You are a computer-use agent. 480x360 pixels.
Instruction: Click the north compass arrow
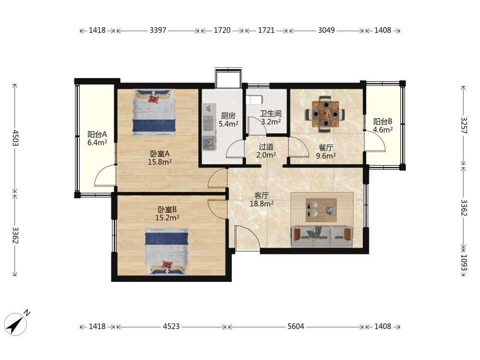pos(16,324)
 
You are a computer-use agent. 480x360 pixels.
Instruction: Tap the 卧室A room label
pos(159,154)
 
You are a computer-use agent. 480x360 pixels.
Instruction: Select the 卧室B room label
pos(167,210)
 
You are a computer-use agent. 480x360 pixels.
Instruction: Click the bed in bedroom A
pos(154,113)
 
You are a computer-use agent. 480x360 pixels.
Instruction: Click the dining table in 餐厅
pos(325,114)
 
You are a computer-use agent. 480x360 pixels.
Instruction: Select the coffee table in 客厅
pos(321,210)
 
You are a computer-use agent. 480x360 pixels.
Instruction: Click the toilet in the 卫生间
pos(254,100)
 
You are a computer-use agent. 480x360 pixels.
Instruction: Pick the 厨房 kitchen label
pos(228,116)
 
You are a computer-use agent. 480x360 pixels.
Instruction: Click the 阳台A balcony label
pos(97,134)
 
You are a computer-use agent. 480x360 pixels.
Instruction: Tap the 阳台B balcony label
pos(383,121)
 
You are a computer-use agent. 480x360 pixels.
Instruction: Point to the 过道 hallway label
pos(266,147)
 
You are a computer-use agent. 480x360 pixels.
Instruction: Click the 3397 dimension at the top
pos(158,30)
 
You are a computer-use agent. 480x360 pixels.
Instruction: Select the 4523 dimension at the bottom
pos(171,326)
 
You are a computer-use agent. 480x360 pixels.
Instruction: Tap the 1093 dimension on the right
pos(464,263)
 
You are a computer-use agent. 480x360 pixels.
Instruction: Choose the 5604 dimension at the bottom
pos(296,326)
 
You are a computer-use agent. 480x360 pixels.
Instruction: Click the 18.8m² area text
pos(262,203)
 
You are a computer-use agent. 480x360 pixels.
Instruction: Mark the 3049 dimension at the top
pos(326,30)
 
